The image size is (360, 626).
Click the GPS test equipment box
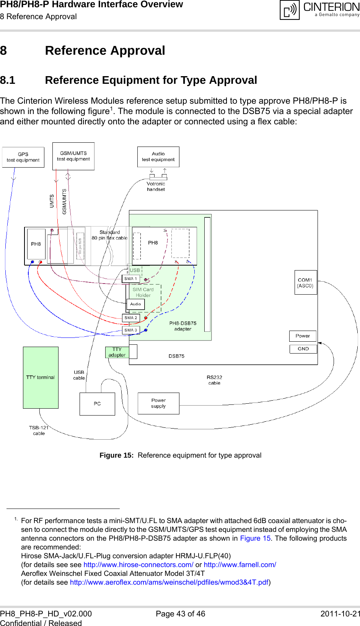pyautogui.click(x=23, y=157)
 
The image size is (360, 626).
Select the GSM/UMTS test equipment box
pyautogui.click(x=73, y=156)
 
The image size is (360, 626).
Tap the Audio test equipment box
pyautogui.click(x=158, y=157)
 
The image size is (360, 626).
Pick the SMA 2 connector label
pyautogui.click(x=130, y=318)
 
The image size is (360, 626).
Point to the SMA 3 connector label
pyautogui.click(x=130, y=330)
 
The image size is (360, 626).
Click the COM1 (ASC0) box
pyautogui.click(x=305, y=282)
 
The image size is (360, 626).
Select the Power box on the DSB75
pyautogui.click(x=303, y=336)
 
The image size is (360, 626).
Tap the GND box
pyautogui.click(x=303, y=349)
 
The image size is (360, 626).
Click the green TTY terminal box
pyautogui.click(x=41, y=377)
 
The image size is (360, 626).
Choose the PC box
pyautogui.click(x=97, y=404)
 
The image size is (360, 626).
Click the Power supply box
pyautogui.click(x=158, y=403)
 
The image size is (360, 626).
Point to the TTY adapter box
pyautogui.click(x=117, y=352)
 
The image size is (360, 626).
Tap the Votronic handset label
pyautogui.click(x=156, y=186)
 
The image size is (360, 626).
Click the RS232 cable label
pyautogui.click(x=214, y=380)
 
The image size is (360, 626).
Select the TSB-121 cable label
pyautogui.click(x=39, y=430)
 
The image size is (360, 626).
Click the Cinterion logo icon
pyautogui.click(x=290, y=10)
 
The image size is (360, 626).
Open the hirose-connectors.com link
pyautogui.click(x=138, y=564)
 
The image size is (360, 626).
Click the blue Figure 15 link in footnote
pyautogui.click(x=255, y=538)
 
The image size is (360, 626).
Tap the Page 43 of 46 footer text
pyautogui.click(x=180, y=614)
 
